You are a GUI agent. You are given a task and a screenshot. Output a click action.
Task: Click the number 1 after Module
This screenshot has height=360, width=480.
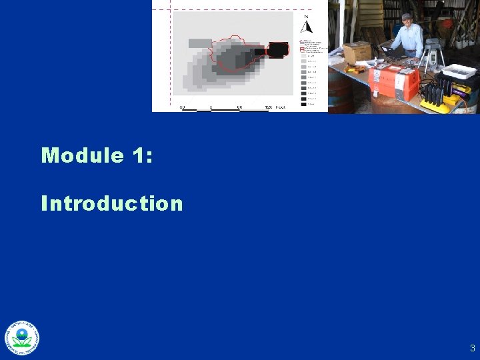137,155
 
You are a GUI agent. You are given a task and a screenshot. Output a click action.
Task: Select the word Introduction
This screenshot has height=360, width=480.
111,203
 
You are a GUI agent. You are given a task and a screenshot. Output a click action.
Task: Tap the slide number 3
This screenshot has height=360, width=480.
472,347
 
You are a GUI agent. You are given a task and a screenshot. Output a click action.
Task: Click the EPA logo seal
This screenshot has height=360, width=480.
23,338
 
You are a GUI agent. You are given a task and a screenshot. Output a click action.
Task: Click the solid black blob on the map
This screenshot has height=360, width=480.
277,49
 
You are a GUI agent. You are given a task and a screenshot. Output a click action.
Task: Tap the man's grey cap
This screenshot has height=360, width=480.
407,17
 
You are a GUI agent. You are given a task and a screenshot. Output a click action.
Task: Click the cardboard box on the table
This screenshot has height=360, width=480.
357,52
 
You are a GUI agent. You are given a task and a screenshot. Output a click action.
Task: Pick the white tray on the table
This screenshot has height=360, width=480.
459,71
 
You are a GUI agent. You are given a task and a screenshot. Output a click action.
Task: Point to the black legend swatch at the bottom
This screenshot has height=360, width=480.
303,103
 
